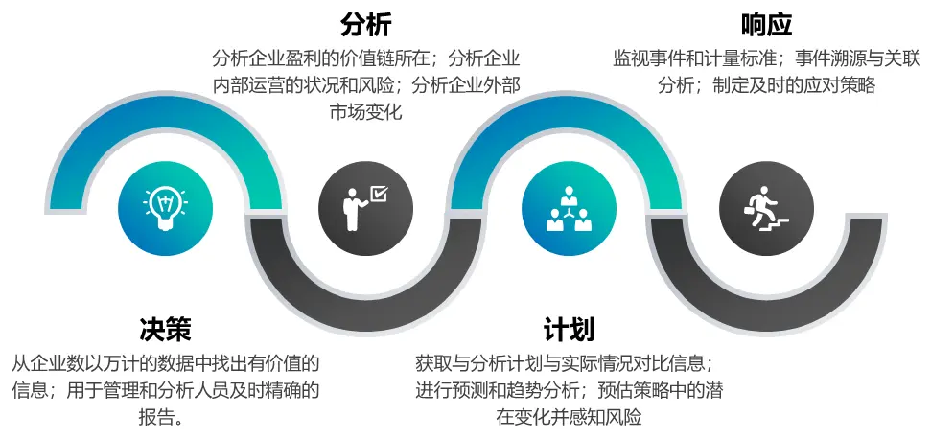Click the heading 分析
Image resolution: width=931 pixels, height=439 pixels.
[x=366, y=25]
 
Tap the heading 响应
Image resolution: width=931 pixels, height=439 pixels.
[x=766, y=25]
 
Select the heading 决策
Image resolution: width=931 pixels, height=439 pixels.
[x=165, y=329]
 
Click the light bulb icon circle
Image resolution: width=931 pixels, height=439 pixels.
[x=165, y=208]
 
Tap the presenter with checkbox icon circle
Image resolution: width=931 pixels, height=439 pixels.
[x=365, y=208]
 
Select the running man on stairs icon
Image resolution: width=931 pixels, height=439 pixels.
[x=766, y=208]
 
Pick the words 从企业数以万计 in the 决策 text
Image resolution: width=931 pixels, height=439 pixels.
[x=61, y=364]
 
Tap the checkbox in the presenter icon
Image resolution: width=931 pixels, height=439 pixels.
[x=378, y=194]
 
